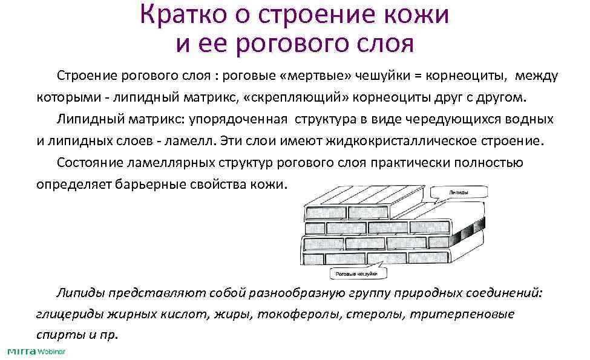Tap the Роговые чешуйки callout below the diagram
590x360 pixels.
click(358, 273)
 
